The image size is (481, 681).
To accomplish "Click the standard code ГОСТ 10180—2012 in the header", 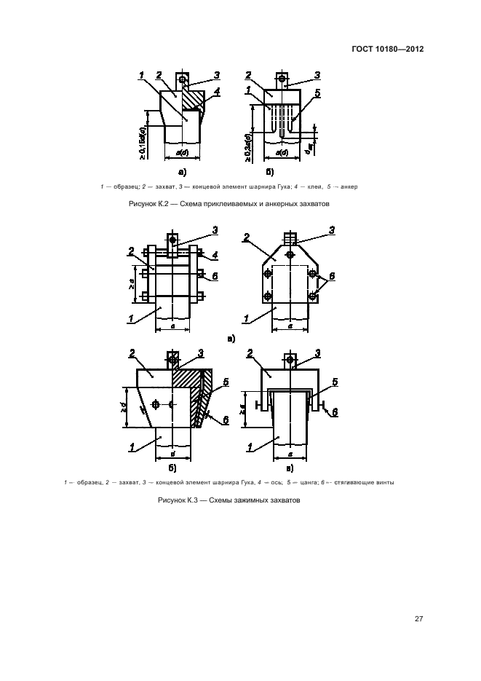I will (387, 49).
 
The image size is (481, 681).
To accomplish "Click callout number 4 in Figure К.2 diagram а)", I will (217, 92).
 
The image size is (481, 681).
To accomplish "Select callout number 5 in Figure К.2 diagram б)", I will (317, 92).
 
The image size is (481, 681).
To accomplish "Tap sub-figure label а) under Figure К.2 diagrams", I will (183, 172).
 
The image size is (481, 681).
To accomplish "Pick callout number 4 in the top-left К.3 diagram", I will (217, 255).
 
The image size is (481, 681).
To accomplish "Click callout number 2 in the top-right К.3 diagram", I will (247, 237).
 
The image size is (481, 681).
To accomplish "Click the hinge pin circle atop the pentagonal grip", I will (290, 254).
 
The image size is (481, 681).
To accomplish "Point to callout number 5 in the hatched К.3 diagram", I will (226, 381).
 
